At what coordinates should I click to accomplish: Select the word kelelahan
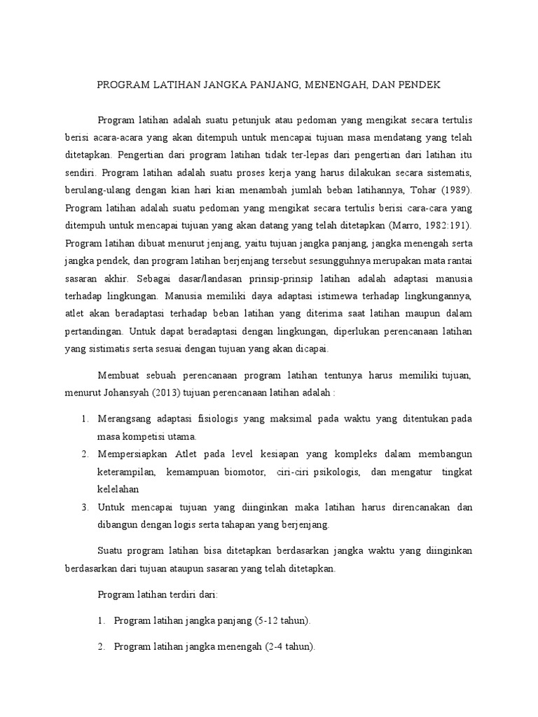tap(118, 489)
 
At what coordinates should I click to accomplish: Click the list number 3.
tap(83, 507)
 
